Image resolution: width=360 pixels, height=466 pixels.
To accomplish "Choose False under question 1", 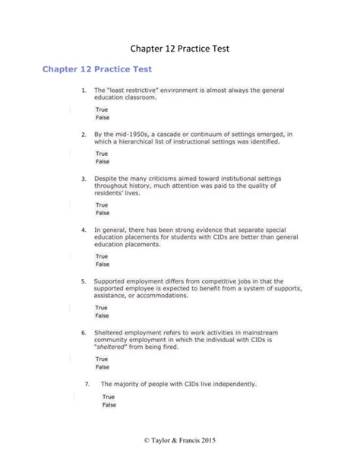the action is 102,118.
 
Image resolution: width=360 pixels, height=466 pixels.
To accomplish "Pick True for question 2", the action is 101,153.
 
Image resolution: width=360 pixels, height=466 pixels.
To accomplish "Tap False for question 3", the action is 102,213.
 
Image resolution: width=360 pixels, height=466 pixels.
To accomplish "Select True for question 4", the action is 101,256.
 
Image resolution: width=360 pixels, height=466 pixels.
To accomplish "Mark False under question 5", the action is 102,315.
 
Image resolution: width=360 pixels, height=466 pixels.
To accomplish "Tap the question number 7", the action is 89,383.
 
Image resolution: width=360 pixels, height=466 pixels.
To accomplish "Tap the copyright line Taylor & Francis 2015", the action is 179,442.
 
